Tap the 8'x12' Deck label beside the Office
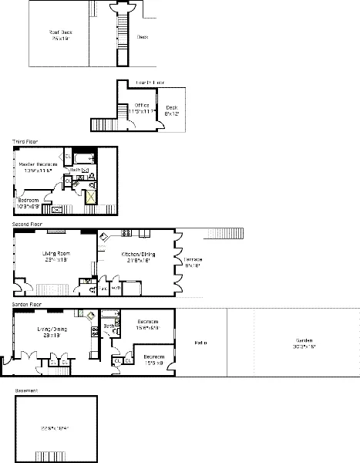170,110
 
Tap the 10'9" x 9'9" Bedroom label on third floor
29,203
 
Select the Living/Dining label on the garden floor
52,332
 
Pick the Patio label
201,343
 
